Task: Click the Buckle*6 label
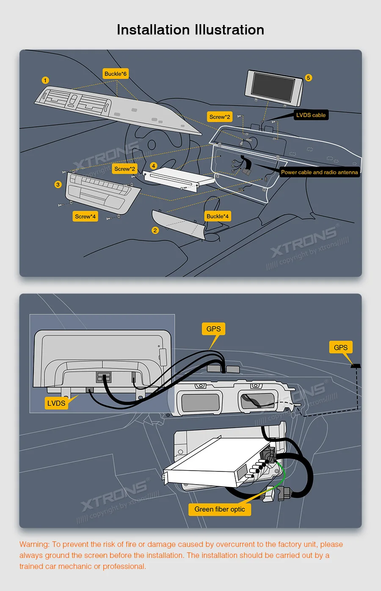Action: point(116,74)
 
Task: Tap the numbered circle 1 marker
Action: point(45,80)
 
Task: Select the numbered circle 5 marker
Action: point(308,78)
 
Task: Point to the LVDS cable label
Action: point(311,115)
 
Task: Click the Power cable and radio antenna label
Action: point(319,172)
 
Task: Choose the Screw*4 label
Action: point(85,216)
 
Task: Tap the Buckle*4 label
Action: point(218,216)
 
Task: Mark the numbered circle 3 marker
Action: point(58,184)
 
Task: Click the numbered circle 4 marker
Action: point(154,166)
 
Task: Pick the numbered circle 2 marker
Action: point(155,230)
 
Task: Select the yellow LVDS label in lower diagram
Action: point(56,403)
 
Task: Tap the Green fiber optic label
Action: point(220,509)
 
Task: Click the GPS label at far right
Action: point(340,348)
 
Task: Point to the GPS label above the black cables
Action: point(213,329)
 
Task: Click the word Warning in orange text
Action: point(34,544)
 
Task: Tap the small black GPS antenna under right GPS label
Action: point(356,365)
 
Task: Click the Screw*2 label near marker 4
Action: point(124,169)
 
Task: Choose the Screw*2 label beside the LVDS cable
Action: point(220,117)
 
